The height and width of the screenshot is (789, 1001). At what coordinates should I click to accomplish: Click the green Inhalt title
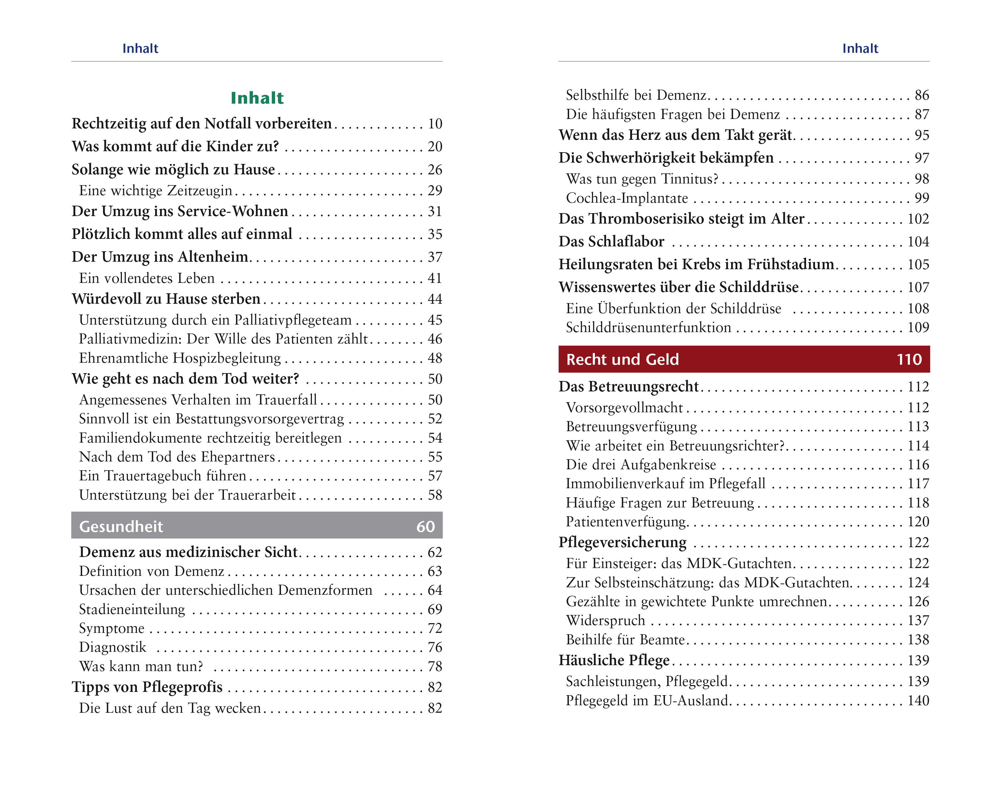(x=257, y=98)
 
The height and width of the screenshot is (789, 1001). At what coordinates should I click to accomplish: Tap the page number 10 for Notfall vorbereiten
(x=435, y=124)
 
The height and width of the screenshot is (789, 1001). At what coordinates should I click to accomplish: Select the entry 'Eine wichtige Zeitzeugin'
(x=156, y=190)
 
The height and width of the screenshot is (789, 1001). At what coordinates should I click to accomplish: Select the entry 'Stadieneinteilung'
(x=132, y=609)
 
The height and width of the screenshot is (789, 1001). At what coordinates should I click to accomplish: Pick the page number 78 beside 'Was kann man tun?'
(x=435, y=666)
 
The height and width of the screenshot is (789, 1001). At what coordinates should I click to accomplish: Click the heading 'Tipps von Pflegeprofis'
(x=147, y=687)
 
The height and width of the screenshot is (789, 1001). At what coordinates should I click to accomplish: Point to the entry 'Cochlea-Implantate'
(x=627, y=198)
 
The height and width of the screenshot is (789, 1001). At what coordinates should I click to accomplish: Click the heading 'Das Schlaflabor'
(x=611, y=241)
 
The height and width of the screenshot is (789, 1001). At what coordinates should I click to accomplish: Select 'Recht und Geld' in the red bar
(x=622, y=359)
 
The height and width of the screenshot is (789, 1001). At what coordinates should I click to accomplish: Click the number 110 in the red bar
(x=909, y=359)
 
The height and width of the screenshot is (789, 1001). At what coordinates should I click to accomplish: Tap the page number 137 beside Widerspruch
(x=918, y=621)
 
